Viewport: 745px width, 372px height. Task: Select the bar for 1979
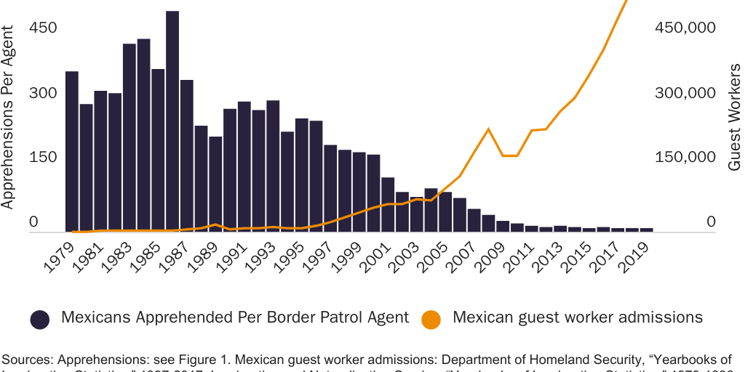pyautogui.click(x=72, y=152)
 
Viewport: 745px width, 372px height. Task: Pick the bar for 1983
pyautogui.click(x=130, y=138)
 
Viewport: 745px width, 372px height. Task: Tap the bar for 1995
pyautogui.click(x=302, y=175)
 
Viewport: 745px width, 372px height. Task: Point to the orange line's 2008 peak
pyautogui.click(x=488, y=129)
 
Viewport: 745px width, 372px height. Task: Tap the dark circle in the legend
pyautogui.click(x=40, y=319)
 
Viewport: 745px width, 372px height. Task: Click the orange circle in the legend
pyautogui.click(x=431, y=319)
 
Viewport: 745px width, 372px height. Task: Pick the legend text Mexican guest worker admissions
pyautogui.click(x=578, y=318)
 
